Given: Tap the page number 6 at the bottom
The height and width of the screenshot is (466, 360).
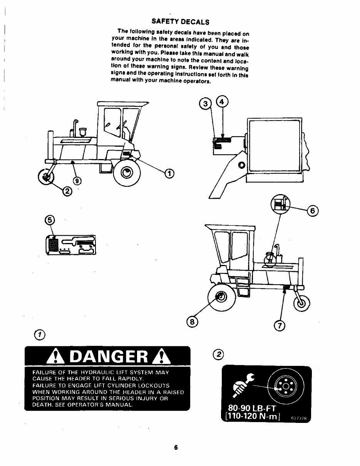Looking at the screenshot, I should click(x=176, y=448).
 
